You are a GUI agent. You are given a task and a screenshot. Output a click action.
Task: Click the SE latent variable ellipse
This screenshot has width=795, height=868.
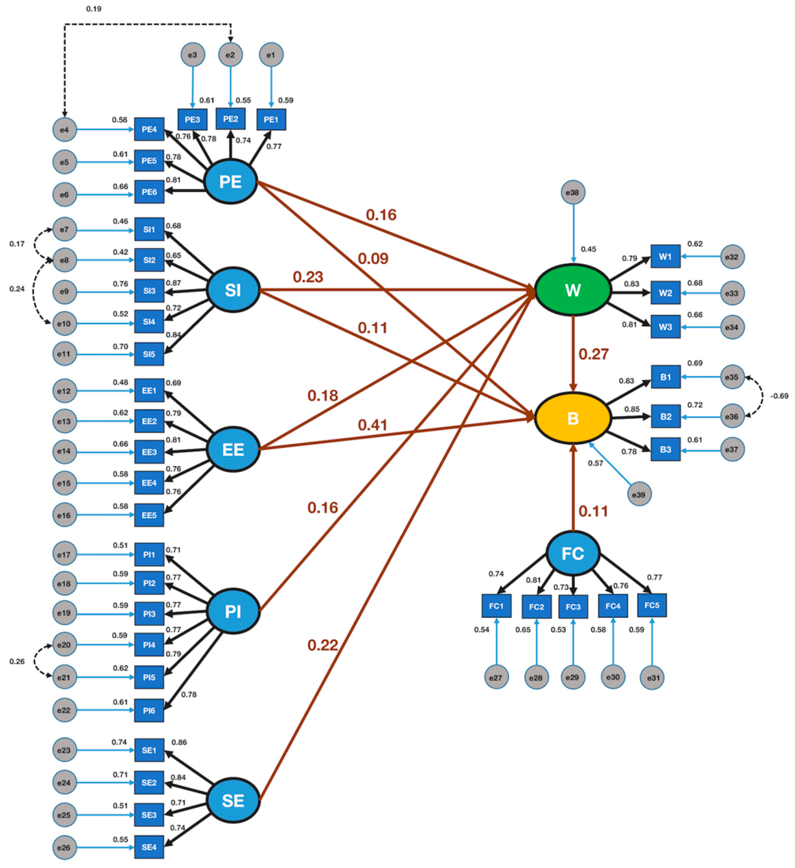233,801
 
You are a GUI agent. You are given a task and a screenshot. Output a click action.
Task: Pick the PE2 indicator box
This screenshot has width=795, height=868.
230,119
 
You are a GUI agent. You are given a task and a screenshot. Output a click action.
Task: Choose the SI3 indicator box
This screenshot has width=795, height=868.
149,291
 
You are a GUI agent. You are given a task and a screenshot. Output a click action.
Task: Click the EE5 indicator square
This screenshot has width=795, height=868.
149,515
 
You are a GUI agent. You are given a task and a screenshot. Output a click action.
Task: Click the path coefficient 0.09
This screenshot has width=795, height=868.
373,259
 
